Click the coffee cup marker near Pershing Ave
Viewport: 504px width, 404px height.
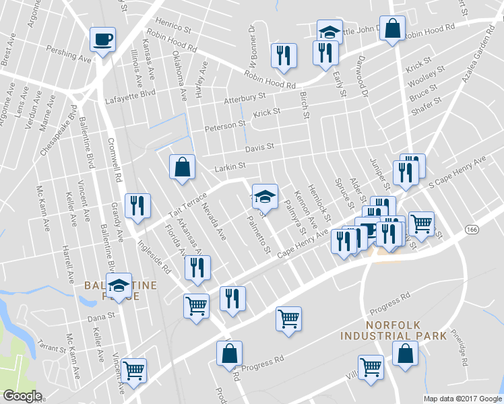pyautogui.click(x=102, y=39)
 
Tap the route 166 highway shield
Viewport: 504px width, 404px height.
pyautogui.click(x=472, y=230)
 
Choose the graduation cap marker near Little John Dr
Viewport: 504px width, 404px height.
pyautogui.click(x=329, y=32)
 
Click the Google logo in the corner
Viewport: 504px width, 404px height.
pyautogui.click(x=22, y=396)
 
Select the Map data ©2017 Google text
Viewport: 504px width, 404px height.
pyautogui.click(x=462, y=399)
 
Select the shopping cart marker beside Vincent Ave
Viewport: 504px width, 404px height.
pyautogui.click(x=134, y=370)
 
